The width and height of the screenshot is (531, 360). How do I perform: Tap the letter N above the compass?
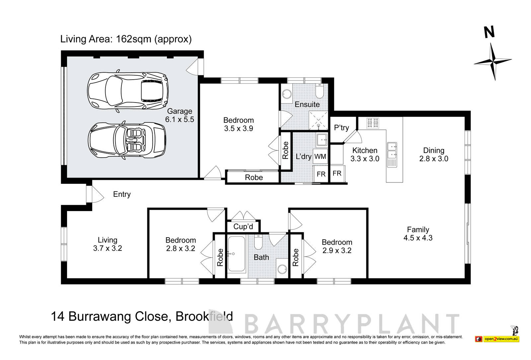[489, 33]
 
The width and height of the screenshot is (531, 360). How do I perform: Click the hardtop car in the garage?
[128, 91]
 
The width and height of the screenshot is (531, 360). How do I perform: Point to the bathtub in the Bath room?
[236, 254]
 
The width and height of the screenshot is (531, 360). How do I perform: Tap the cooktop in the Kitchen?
[372, 123]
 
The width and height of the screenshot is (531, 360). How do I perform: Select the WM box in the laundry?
[320, 156]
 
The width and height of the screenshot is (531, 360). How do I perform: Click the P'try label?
[341, 128]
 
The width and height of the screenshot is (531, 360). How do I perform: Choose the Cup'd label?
[243, 227]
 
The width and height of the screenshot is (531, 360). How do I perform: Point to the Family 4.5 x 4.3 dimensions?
[418, 238]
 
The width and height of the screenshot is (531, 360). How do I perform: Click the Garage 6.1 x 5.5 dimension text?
[180, 119]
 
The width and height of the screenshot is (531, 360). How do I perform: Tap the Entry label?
[122, 194]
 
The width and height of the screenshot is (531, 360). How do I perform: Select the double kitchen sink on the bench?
[392, 150]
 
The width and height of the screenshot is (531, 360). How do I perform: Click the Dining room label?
[433, 150]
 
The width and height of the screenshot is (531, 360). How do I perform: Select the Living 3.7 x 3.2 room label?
[108, 244]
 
